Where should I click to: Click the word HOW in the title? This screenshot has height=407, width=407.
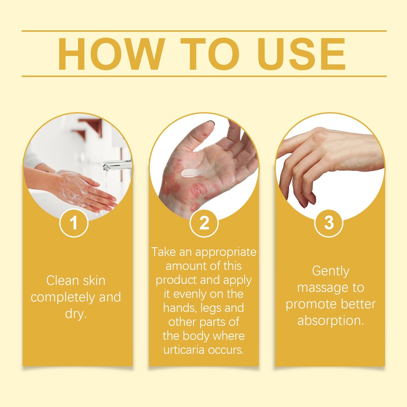coord(112,54)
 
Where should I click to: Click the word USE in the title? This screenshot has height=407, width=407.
coord(301,54)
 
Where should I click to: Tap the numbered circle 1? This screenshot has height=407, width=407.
coord(74,223)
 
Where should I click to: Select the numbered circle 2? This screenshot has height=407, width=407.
coord(204,223)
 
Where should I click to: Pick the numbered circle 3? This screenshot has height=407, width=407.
coord(329,223)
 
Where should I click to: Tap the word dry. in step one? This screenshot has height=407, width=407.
coord(76,314)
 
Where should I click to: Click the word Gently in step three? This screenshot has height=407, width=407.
coord(331,271)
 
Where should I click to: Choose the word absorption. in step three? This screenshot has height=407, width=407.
coord(331,321)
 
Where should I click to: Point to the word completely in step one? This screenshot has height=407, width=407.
coord(62,298)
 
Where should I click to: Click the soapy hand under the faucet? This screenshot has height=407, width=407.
coord(86,190)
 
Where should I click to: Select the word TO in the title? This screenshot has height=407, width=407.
coord(210,54)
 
